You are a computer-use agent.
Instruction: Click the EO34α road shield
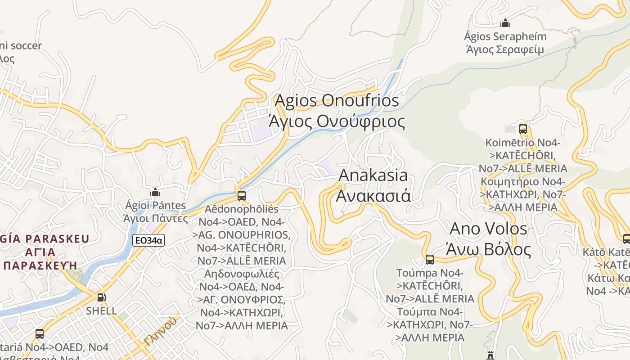click(x=148, y=241)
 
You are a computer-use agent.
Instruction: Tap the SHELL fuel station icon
click(x=102, y=297)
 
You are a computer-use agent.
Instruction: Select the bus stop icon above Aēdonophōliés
click(x=242, y=196)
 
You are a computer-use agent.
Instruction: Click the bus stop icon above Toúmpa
click(x=430, y=260)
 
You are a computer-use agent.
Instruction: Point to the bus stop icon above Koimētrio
click(x=522, y=129)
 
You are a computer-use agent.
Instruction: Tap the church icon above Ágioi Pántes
click(x=155, y=193)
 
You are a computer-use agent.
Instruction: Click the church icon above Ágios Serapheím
click(x=505, y=23)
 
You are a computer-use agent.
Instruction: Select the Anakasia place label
click(x=373, y=175)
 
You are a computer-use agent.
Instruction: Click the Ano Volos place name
click(x=488, y=229)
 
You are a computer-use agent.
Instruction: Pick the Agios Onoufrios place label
click(x=337, y=101)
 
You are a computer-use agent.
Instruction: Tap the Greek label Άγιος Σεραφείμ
click(x=504, y=49)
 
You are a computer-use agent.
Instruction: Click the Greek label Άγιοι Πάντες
click(x=156, y=219)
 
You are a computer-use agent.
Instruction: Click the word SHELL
click(x=101, y=311)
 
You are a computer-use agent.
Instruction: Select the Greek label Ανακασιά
click(x=373, y=196)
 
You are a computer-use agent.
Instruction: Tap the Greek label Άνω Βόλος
click(x=488, y=249)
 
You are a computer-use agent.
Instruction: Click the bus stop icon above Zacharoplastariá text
click(x=40, y=334)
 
